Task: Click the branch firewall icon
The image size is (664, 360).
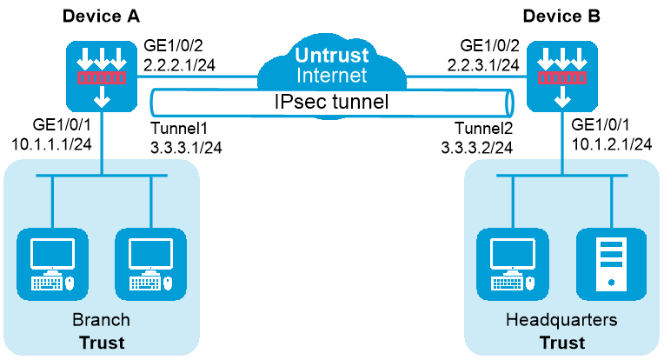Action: pyautogui.click(x=103, y=77)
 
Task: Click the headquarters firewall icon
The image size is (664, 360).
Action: pyautogui.click(x=562, y=77)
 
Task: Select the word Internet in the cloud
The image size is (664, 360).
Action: pyautogui.click(x=331, y=76)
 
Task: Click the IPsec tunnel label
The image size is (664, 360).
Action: pyautogui.click(x=329, y=102)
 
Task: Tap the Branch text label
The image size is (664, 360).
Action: pyautogui.click(x=101, y=320)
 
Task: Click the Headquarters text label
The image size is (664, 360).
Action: pyautogui.click(x=561, y=320)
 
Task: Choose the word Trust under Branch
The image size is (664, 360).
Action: pyautogui.click(x=102, y=342)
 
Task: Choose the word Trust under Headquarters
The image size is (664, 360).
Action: pyautogui.click(x=561, y=342)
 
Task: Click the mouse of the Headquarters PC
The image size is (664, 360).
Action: pyautogui.click(x=530, y=283)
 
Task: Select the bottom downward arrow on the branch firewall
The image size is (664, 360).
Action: pyautogui.click(x=103, y=98)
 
